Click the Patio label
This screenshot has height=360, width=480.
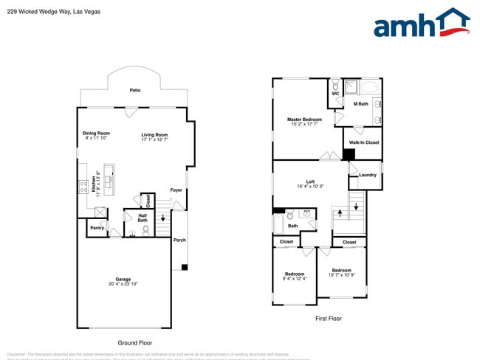135,90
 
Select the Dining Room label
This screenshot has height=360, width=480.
96,133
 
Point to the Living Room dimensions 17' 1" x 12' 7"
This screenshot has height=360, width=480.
155,139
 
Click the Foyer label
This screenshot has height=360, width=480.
176,190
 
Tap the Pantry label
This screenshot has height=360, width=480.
97,228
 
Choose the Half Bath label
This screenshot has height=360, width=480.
142,218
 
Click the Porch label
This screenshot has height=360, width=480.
179,240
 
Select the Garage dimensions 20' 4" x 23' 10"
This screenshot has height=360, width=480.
124,284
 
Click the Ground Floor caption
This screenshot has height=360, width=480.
135,342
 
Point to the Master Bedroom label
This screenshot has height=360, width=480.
304,119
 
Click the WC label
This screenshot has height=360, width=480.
335,94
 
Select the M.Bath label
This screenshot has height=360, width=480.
360,104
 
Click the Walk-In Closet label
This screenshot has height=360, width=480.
362,142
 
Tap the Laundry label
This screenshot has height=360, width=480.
368,175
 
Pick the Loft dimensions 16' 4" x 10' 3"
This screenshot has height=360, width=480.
311,187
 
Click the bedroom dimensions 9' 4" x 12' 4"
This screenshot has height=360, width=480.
295,279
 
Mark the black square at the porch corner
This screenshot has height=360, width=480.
184,266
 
